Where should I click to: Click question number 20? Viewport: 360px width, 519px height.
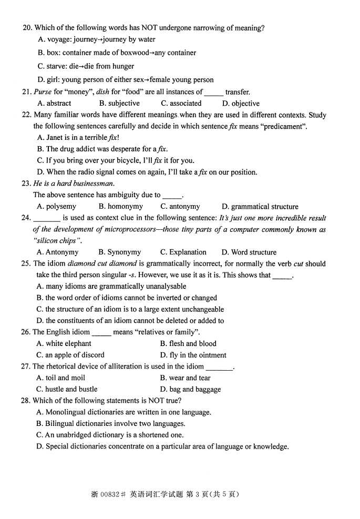point(27,28)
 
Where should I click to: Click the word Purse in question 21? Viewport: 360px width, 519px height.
point(43,92)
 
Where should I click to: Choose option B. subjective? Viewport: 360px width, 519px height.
point(119,104)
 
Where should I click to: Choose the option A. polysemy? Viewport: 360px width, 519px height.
point(57,207)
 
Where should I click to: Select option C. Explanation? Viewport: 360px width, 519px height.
point(183,252)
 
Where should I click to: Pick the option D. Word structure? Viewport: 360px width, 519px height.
point(249,252)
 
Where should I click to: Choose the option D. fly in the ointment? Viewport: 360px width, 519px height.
point(193,355)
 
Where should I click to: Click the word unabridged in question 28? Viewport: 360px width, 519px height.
point(89,435)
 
